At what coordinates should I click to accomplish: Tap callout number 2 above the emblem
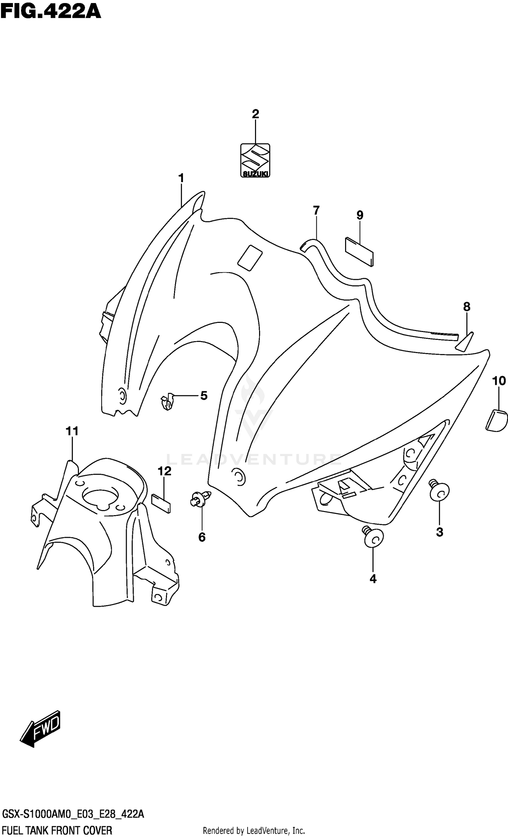[x=255, y=114]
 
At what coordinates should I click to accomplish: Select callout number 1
[x=181, y=178]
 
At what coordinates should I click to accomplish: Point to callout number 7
[x=316, y=211]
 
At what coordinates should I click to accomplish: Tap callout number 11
[x=72, y=431]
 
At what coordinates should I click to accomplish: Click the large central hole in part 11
[x=101, y=499]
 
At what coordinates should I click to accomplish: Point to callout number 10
[x=499, y=381]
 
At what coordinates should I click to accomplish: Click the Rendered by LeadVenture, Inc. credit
[x=253, y=830]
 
